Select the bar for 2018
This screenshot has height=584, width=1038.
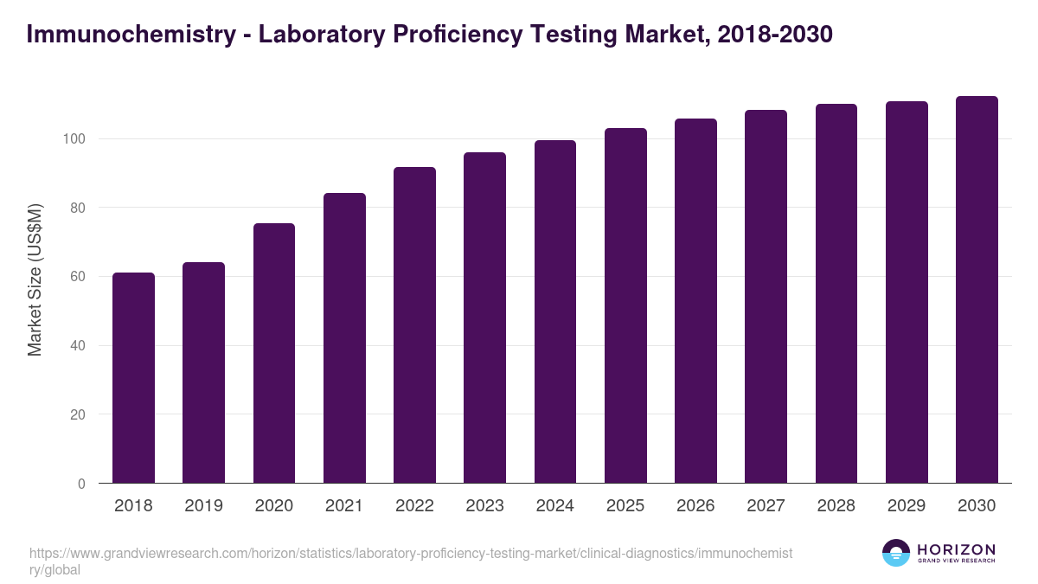[133, 378]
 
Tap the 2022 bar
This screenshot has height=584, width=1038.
[414, 325]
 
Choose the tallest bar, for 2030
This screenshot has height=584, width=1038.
[977, 290]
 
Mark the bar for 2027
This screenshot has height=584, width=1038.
[766, 297]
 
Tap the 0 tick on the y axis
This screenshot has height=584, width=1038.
[81, 484]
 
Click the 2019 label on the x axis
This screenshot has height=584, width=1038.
[203, 506]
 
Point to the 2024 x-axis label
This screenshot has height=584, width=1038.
[554, 506]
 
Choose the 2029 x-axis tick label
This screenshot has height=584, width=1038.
[907, 506]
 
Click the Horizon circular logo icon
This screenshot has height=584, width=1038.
[895, 553]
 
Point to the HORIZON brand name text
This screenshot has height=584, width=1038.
[956, 549]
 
